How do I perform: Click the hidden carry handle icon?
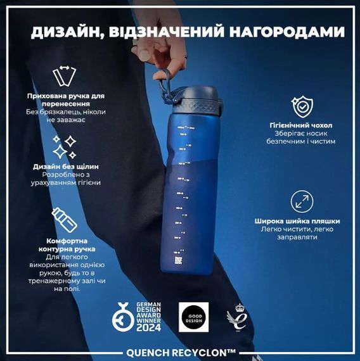[x=62, y=75]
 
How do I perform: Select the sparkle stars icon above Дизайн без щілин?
[x=64, y=148]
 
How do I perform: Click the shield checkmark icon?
[x=301, y=107]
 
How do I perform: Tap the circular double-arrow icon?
[x=302, y=202]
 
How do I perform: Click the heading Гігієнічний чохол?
[x=301, y=125]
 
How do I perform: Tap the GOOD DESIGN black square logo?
[x=191, y=315]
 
